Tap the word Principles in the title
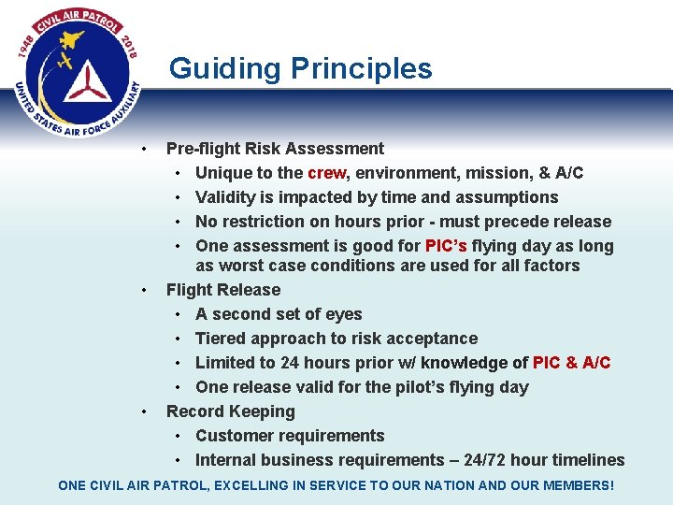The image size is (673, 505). tap(362, 69)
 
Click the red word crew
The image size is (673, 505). tap(326, 173)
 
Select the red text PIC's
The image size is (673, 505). tap(446, 246)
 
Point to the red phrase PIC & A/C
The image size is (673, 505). tap(571, 363)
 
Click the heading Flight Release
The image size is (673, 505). tap(222, 290)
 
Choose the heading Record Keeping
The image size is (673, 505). tap(230, 411)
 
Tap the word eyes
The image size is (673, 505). tap(343, 314)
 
